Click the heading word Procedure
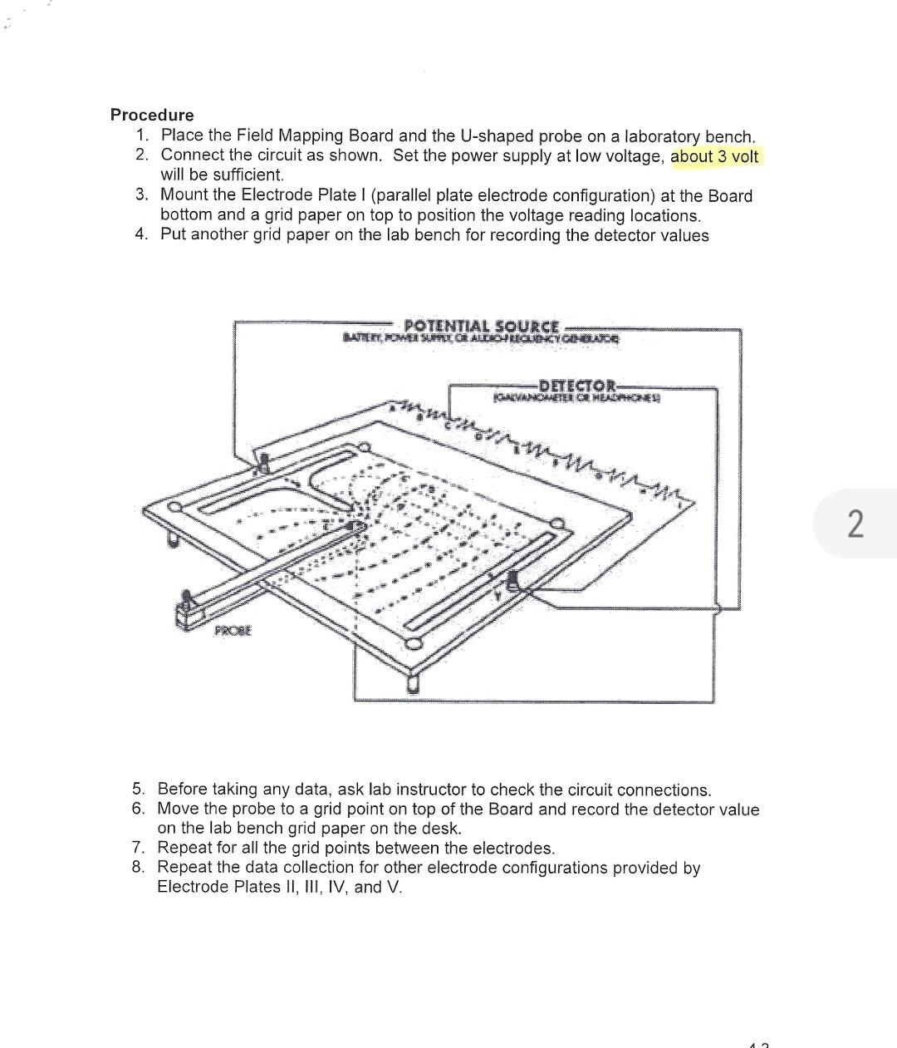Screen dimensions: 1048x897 point(152,115)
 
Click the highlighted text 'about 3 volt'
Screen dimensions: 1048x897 point(714,156)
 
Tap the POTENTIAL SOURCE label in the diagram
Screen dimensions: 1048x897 point(481,326)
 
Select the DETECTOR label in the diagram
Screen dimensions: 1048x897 point(577,386)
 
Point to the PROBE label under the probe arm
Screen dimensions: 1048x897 point(233,631)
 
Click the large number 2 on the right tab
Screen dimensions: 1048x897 point(855,524)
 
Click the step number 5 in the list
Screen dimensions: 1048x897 point(138,789)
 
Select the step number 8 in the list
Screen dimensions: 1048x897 point(138,867)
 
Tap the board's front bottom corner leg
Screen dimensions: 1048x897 point(413,683)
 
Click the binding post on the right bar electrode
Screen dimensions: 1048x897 point(512,579)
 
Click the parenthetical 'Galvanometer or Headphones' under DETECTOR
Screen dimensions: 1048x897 point(577,398)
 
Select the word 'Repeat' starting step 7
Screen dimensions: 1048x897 point(184,848)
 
